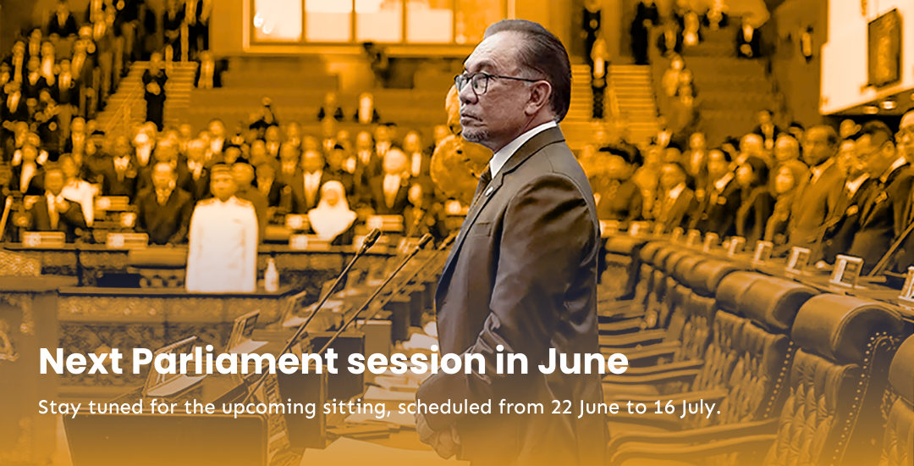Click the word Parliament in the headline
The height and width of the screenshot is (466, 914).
(234, 362)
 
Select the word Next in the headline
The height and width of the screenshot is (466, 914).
(81, 361)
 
